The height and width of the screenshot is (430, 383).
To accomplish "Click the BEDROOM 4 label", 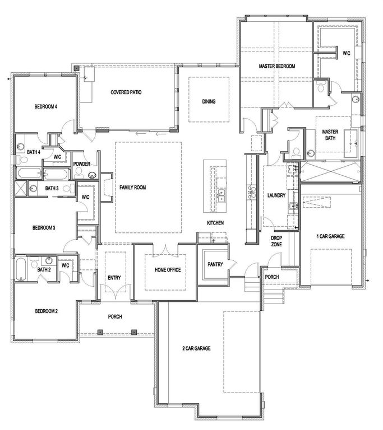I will click(46, 106).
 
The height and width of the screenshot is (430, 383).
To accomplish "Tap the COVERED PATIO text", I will click(126, 92).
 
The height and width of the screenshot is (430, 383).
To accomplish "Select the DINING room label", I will click(209, 101).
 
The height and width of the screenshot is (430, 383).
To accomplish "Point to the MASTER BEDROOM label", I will click(276, 67).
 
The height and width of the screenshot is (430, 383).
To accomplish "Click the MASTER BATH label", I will click(330, 135).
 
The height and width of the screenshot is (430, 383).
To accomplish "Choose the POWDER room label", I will click(82, 164).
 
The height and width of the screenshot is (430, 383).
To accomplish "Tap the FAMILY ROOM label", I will click(132, 188).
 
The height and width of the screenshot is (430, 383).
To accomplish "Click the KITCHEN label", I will click(215, 223).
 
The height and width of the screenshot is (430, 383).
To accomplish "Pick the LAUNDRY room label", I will click(277, 195).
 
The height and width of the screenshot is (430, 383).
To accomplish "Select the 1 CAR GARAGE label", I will click(330, 236).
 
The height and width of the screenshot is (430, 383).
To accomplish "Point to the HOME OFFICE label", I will click(167, 270).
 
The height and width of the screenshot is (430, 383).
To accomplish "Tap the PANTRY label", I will click(215, 263).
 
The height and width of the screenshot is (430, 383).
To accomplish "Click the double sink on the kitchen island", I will click(222, 195).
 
